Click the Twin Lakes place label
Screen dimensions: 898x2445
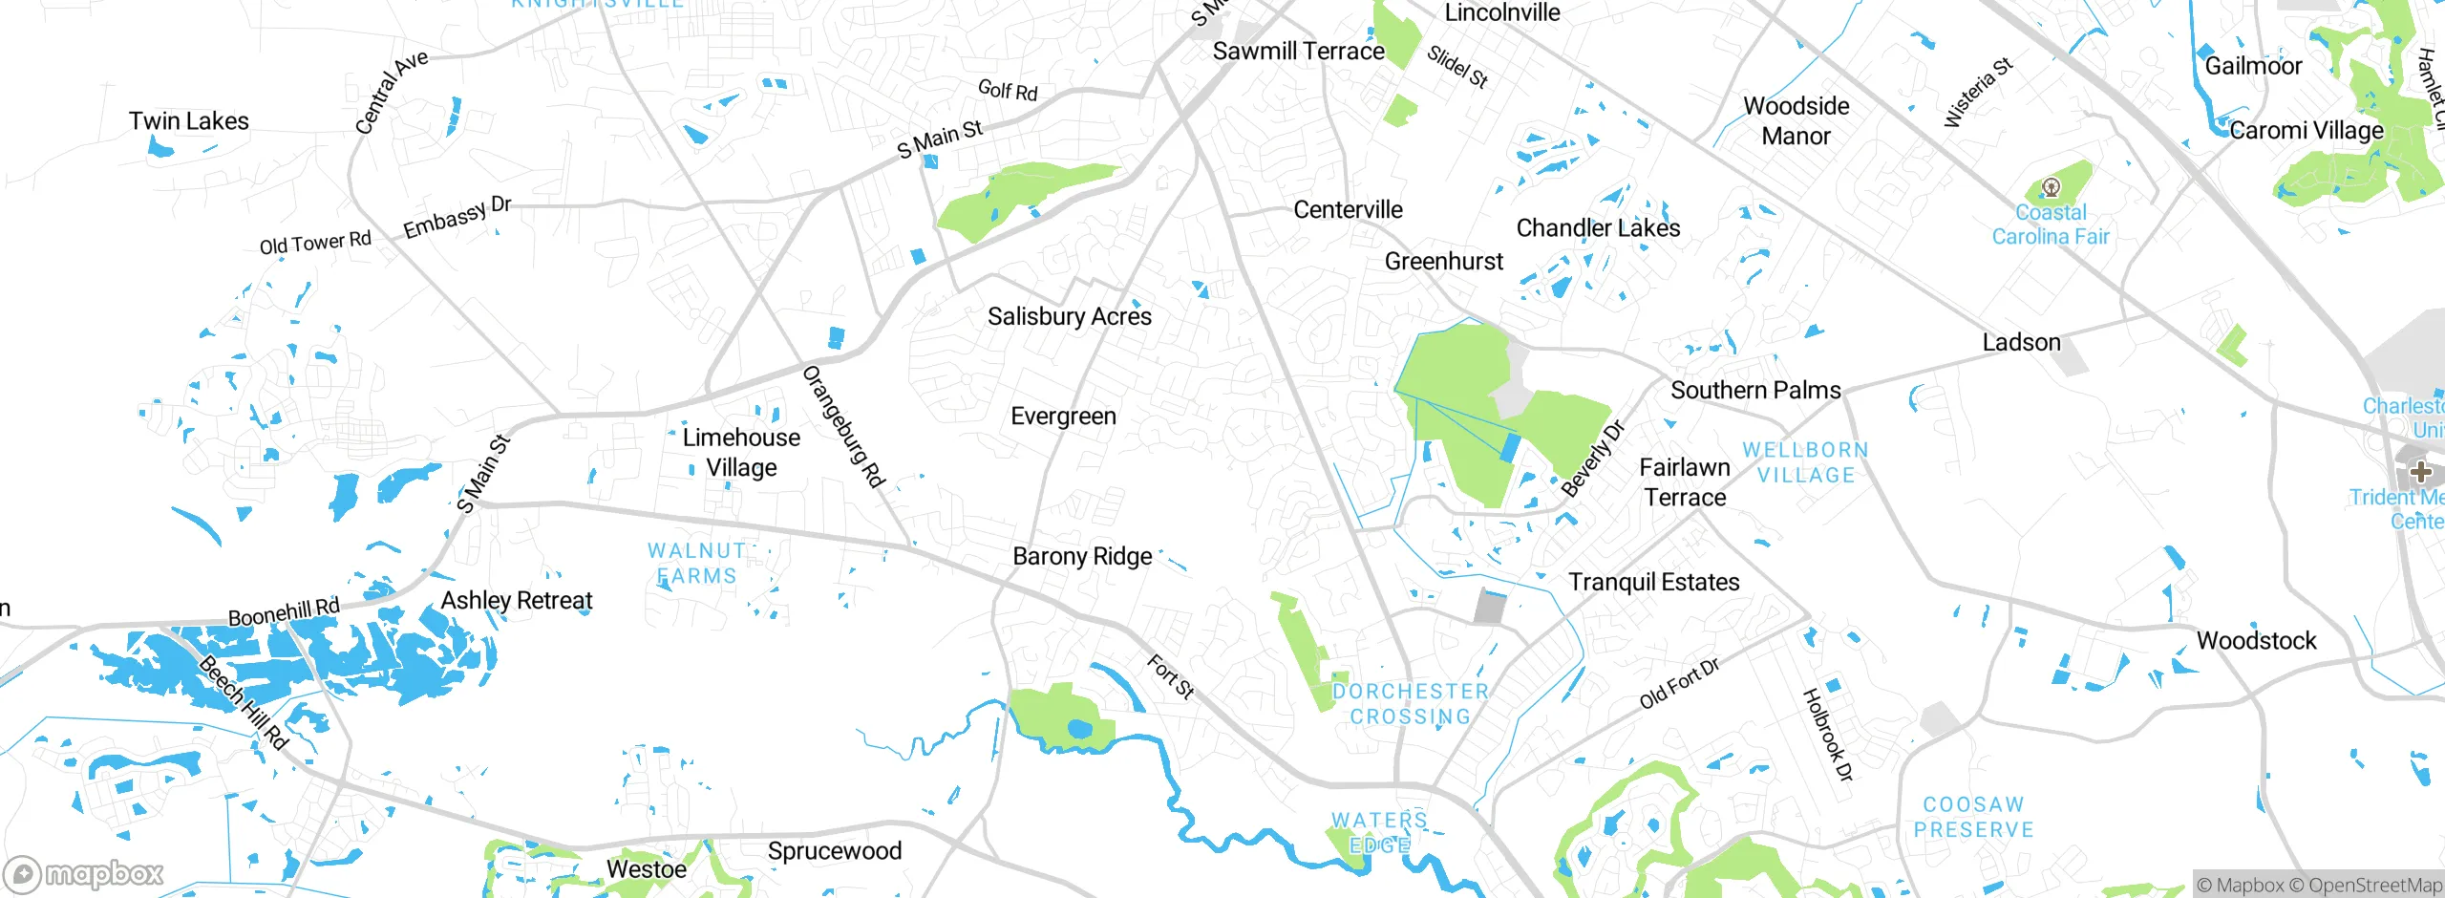coord(188,121)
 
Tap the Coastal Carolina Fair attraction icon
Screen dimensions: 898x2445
coord(2051,187)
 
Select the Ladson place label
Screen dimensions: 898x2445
coord(2021,342)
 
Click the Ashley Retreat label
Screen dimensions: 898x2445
coord(516,600)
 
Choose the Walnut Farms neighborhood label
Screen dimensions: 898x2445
coord(695,564)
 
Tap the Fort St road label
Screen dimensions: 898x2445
coord(1170,676)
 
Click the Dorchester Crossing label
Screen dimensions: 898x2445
coord(1410,704)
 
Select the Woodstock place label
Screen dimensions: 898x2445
coord(2256,640)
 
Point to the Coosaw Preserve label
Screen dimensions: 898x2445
coord(1973,818)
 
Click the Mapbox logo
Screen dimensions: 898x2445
coord(84,873)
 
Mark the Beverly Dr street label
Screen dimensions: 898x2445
coord(1592,459)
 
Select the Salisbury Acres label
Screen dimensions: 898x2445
coord(1069,316)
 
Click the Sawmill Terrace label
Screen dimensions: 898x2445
coord(1298,52)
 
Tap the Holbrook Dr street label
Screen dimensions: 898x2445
coord(1827,735)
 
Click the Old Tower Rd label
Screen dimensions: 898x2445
coord(315,243)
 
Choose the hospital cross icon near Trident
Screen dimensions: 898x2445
coord(2420,471)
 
